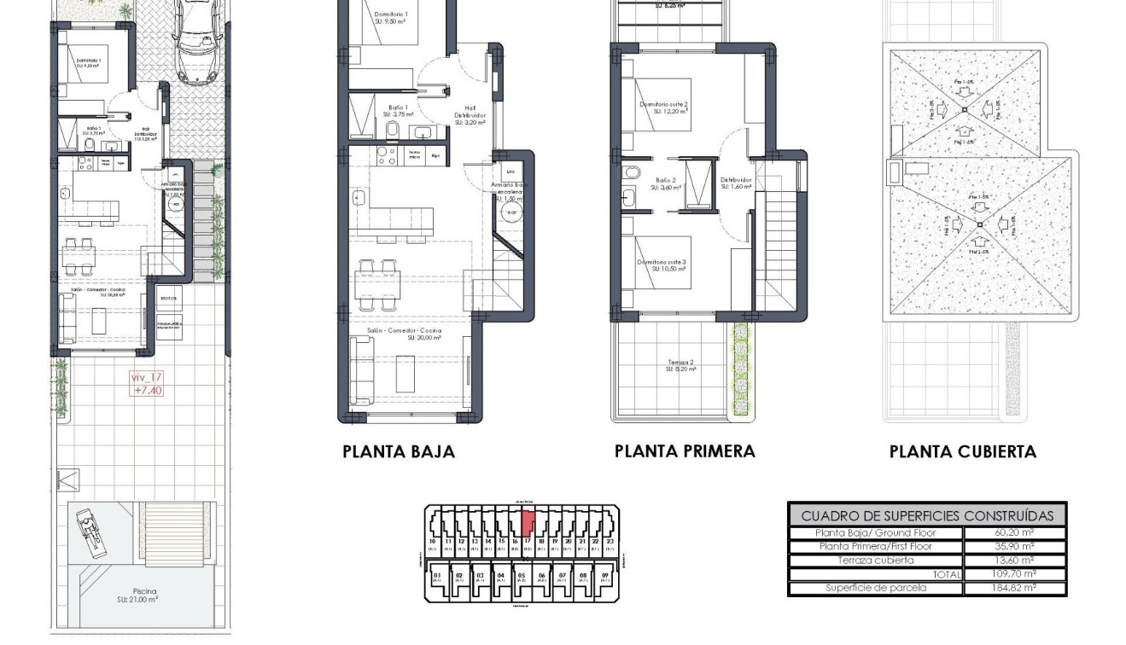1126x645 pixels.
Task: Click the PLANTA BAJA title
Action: pos(399,452)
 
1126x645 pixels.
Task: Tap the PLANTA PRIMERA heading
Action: pos(685,451)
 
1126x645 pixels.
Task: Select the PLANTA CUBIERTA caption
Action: pos(962,452)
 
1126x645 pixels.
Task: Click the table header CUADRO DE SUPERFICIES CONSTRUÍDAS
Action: pos(926,515)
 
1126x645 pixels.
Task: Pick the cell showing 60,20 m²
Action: pos(1014,533)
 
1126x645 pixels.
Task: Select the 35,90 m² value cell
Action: pos(1014,547)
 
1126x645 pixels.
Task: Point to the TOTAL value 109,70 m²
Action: pos(1014,574)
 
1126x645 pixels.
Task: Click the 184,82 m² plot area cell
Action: pos(1014,588)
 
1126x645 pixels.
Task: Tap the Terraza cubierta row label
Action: pos(875,561)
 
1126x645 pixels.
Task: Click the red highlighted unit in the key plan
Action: pos(528,521)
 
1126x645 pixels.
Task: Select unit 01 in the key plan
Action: pos(438,576)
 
